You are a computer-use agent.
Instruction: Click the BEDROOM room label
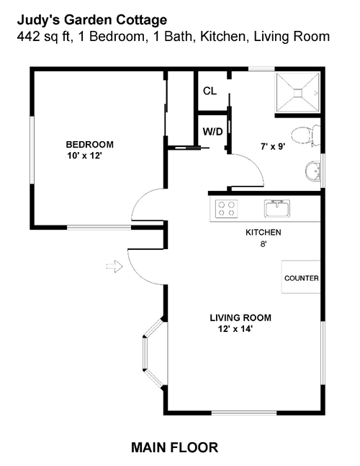[90, 145]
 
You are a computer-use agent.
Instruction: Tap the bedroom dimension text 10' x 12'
[85, 156]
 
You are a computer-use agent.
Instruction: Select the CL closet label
[210, 91]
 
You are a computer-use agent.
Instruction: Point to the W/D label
[212, 131]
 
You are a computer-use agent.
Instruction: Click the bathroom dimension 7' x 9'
[274, 146]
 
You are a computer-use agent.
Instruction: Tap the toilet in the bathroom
[305, 135]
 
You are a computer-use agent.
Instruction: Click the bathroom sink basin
[312, 171]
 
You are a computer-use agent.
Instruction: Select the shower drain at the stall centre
[298, 93]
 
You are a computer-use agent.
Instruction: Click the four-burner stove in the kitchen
[227, 208]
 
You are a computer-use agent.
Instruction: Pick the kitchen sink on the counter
[277, 208]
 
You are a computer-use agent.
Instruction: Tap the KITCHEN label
[264, 233]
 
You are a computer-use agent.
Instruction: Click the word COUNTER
[302, 278]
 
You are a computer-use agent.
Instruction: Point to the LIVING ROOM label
[240, 318]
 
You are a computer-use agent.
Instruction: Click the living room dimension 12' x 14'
[235, 329]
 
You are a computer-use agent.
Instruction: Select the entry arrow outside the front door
[114, 266]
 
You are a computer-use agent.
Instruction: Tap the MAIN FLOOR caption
[175, 447]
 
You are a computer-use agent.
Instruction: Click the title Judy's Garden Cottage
[92, 20]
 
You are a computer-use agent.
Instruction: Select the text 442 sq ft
[44, 37]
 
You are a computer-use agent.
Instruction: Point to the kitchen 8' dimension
[264, 244]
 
